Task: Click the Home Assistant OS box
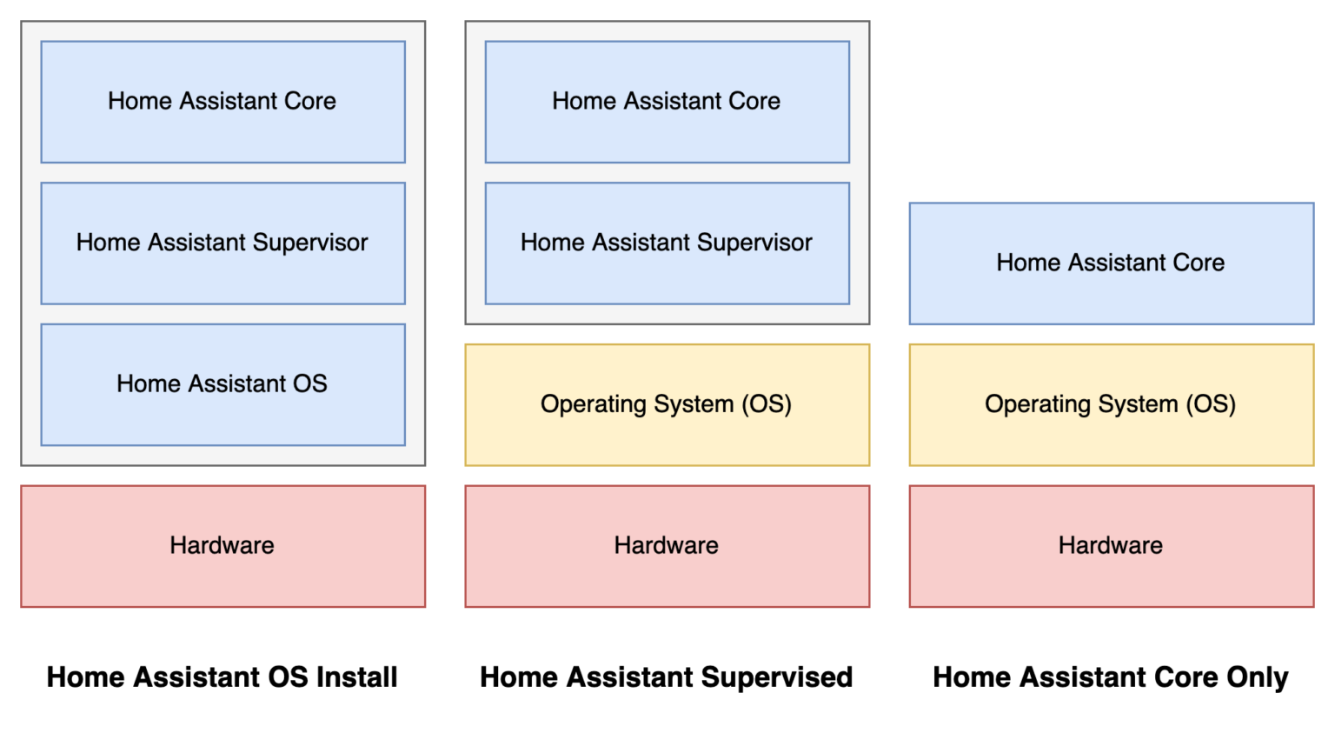222,384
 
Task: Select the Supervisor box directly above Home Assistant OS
222,243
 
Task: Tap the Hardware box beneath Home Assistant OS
222,546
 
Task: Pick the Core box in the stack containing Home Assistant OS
222,102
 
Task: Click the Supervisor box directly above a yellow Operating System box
667,243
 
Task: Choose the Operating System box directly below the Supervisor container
667,404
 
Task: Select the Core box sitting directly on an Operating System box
1111,263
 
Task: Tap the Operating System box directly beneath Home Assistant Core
1111,404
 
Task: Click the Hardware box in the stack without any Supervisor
1111,546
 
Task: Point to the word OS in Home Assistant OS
309,383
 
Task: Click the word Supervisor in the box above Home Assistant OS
309,243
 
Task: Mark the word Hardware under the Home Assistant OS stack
222,545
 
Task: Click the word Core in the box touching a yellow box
1199,263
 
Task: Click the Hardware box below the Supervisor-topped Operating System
667,546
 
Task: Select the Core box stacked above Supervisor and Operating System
667,102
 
